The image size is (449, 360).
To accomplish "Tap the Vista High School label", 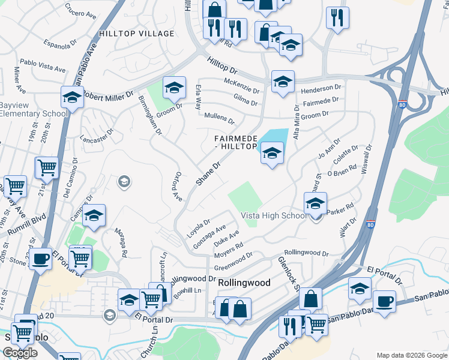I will (274, 216).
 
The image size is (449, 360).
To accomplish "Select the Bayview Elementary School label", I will (34, 109).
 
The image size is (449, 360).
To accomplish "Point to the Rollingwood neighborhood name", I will (244, 282).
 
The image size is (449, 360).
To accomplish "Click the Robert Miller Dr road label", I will (109, 95).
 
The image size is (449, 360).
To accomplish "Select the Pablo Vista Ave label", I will (42, 65).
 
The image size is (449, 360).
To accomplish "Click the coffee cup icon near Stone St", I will (41, 260).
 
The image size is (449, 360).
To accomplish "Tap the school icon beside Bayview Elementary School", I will (71, 97).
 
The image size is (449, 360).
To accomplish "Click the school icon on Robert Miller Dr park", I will (174, 88).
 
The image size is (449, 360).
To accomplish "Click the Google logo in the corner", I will (20, 353).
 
